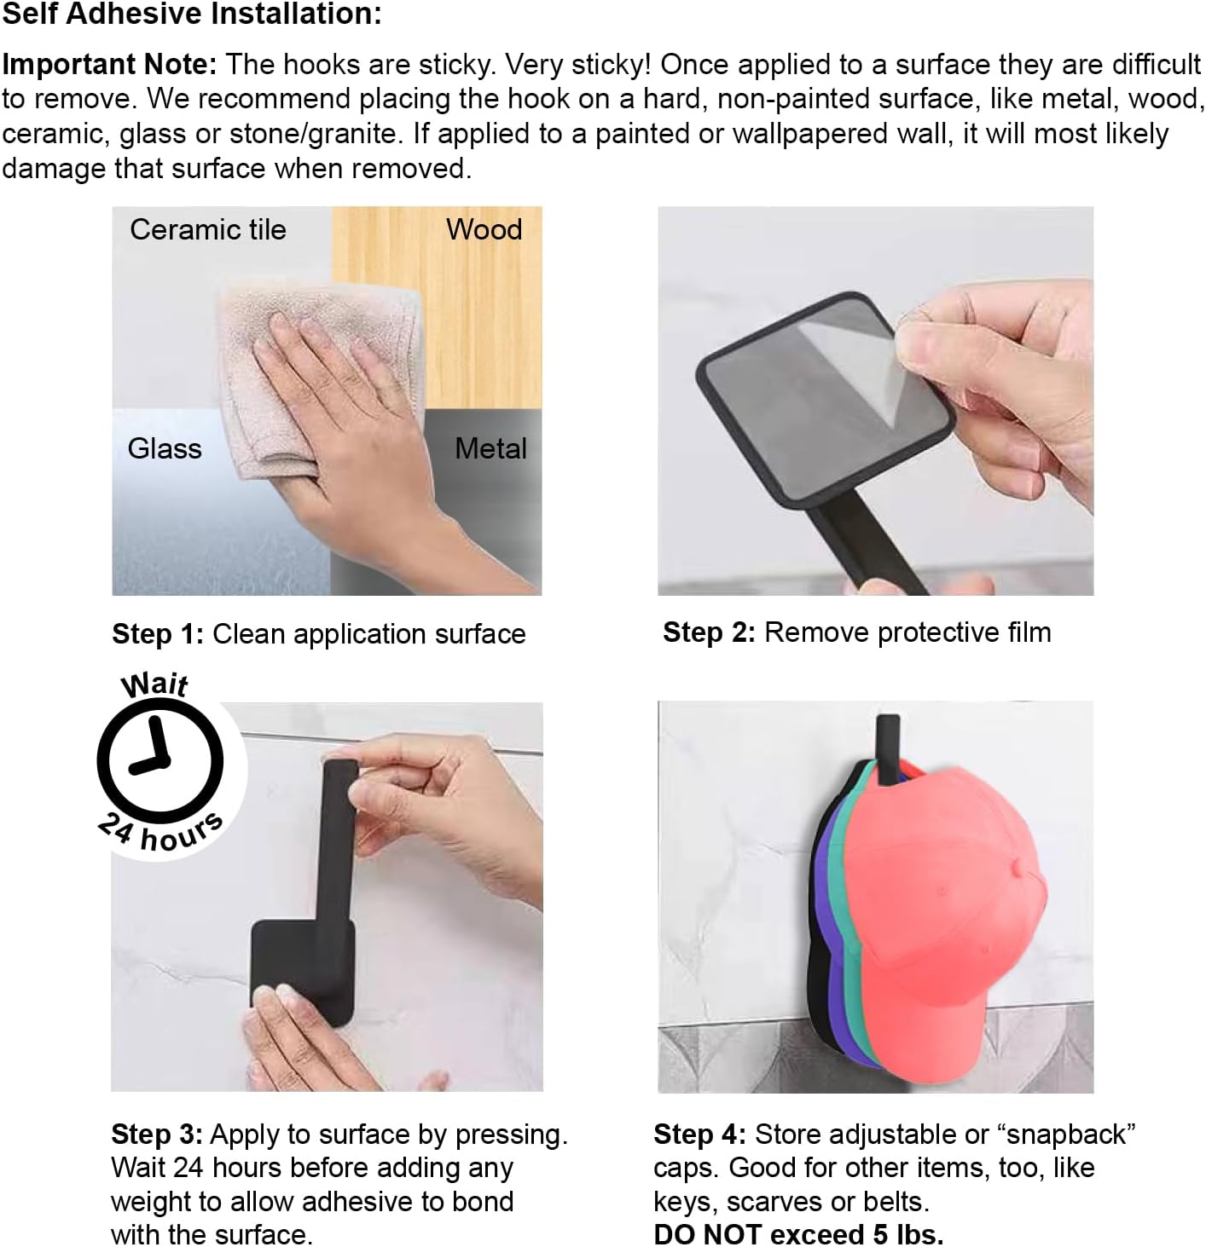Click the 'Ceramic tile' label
pos(208,229)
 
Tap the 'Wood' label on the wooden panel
pos(484,229)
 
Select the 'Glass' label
pos(165,448)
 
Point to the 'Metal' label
pos(490,448)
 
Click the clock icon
pos(160,760)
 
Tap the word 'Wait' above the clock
pos(154,684)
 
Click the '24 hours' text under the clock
pos(160,832)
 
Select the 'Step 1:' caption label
pos(158,634)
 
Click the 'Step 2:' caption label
pos(709,632)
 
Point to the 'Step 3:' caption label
pos(157,1134)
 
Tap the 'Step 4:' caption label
pos(699,1134)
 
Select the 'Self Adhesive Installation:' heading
pos(192,14)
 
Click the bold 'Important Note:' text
pos(110,64)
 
